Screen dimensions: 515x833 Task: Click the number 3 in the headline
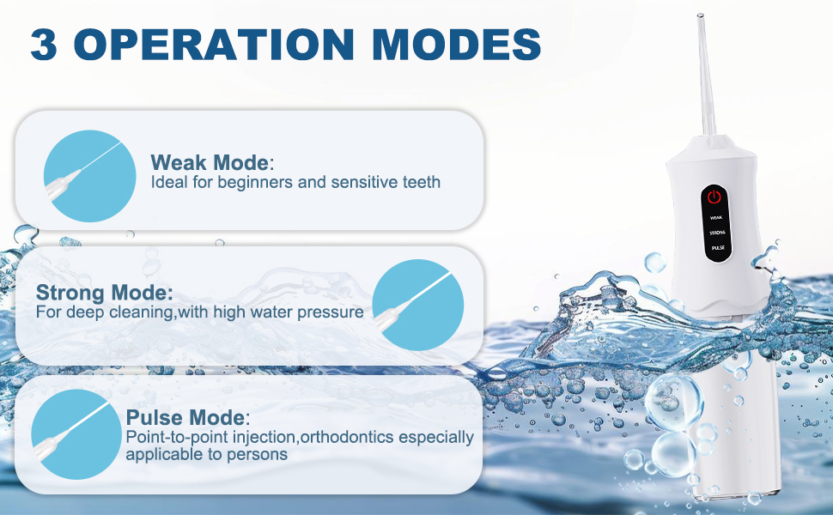46,45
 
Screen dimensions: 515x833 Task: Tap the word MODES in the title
454,45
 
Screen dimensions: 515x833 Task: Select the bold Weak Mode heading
210,162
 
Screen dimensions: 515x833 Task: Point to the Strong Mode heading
104,292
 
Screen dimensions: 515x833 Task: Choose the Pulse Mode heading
185,418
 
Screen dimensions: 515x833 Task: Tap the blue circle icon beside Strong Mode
418,305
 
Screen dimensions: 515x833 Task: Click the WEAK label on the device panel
715,218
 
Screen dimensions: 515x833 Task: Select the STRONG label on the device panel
715,233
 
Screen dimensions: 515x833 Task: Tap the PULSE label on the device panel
715,247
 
